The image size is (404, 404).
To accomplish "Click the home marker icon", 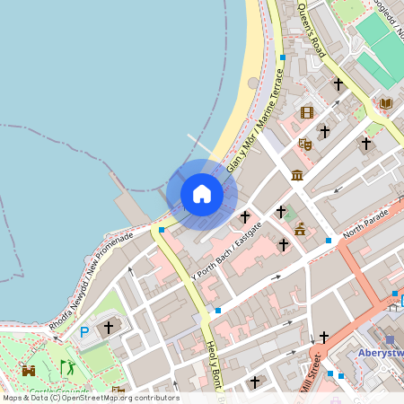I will pyautogui.click(x=202, y=194).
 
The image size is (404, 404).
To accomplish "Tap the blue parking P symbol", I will pyautogui.click(x=85, y=331).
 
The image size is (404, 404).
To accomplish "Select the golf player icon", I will pyautogui.click(x=68, y=367).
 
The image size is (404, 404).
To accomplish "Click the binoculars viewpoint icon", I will pyautogui.click(x=29, y=369).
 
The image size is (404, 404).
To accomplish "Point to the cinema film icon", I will pyautogui.click(x=308, y=112).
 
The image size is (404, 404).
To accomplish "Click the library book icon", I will pyautogui.click(x=386, y=104).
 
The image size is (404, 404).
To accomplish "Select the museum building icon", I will pyautogui.click(x=297, y=172).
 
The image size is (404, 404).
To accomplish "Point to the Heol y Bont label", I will pyautogui.click(x=214, y=364).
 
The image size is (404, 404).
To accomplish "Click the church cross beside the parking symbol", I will pyautogui.click(x=110, y=328).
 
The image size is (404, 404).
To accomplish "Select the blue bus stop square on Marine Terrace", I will pyautogui.click(x=282, y=57).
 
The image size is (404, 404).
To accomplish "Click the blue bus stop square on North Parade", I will pyautogui.click(x=329, y=241).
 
